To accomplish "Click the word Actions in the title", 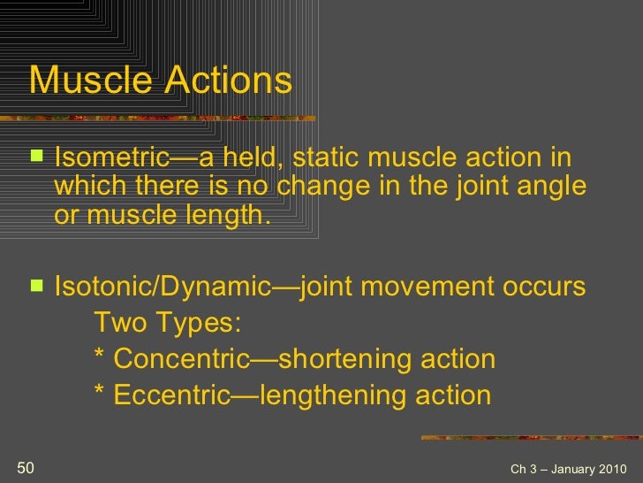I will (x=226, y=80).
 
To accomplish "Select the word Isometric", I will (x=111, y=158).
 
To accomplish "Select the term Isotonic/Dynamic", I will (x=163, y=287).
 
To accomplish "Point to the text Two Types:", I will (x=167, y=324).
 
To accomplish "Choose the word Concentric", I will (x=182, y=360).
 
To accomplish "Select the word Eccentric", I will (x=172, y=395).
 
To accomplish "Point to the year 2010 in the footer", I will (x=609, y=469).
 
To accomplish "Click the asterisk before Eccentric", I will (x=98, y=394).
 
